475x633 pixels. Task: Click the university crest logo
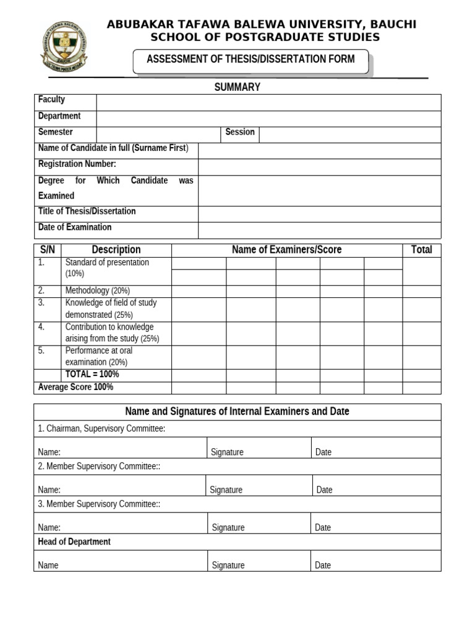[64, 46]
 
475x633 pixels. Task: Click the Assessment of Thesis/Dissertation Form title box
[250, 60]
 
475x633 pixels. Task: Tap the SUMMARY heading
[237, 87]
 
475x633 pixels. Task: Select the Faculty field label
[51, 100]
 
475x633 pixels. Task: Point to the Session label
[240, 132]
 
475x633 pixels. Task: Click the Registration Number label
[77, 164]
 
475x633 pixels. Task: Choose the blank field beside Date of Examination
[319, 230]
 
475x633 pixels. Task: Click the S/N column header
[48, 250]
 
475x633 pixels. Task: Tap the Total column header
[421, 250]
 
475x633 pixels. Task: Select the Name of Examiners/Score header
[286, 250]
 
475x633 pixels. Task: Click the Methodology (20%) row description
[98, 291]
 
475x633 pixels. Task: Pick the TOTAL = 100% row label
[92, 375]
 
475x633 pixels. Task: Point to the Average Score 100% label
[75, 387]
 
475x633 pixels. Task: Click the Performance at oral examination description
[99, 356]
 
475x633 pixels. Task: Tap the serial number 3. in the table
[41, 303]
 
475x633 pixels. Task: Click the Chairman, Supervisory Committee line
[101, 428]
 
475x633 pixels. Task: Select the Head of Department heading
[74, 542]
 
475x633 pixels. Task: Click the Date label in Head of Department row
[323, 565]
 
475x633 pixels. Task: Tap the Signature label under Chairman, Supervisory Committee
[227, 452]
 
